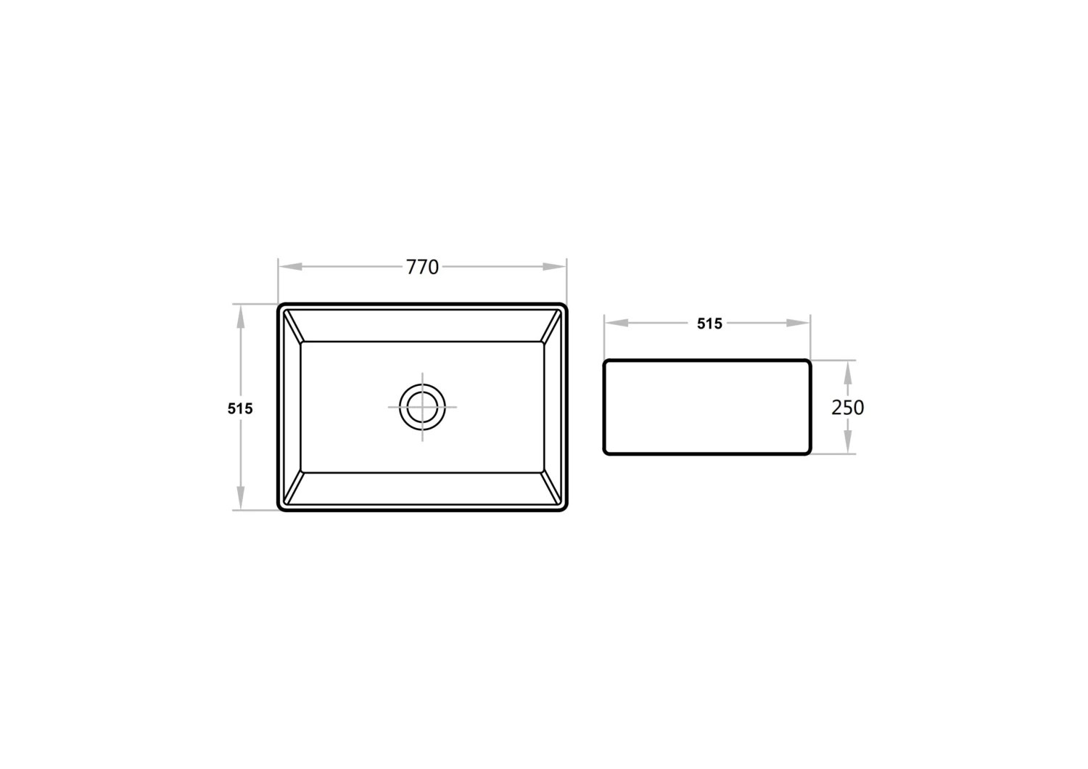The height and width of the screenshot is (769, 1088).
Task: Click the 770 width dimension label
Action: tap(422, 267)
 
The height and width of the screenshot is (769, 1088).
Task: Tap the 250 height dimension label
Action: tap(848, 408)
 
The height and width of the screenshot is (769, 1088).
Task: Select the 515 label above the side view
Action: tap(709, 324)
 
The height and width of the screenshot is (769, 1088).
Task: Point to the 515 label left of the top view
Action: tap(240, 408)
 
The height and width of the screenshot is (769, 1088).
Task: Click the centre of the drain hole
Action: tap(422, 407)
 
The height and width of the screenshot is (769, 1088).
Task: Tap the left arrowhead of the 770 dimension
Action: tap(290, 267)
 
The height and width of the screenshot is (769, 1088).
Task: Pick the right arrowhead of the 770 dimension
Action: tap(554, 267)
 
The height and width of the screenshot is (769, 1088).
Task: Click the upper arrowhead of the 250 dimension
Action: tap(848, 373)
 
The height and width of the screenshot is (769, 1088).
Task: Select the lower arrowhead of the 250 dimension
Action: tap(848, 442)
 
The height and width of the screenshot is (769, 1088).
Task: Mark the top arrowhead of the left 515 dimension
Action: tap(240, 317)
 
